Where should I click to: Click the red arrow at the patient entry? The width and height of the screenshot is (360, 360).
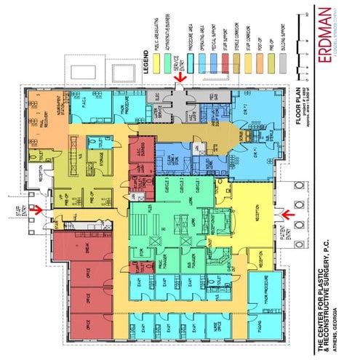pyautogui.click(x=285, y=215)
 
